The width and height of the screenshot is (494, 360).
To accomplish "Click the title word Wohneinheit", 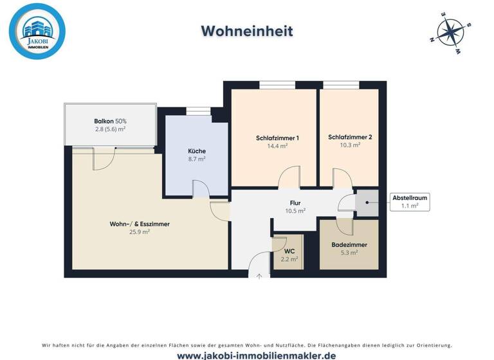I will click(x=247, y=31).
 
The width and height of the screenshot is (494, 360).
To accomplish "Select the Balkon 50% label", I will click(x=110, y=121).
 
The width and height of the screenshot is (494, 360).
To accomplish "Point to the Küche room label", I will click(x=197, y=151).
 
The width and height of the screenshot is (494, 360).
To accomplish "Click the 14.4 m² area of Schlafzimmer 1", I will click(x=277, y=146).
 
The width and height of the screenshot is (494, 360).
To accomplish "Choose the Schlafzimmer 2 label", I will click(x=350, y=137).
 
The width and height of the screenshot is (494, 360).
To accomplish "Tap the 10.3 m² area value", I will click(x=350, y=145).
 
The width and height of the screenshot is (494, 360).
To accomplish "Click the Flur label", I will click(x=296, y=203).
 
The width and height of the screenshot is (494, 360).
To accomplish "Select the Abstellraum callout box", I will click(x=410, y=202).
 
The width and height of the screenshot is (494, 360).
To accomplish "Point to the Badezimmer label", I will click(x=349, y=245).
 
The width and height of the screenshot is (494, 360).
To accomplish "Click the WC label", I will click(x=289, y=251).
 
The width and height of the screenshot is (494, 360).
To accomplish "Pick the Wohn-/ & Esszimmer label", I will click(x=140, y=224).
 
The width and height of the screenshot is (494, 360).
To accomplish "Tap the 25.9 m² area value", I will click(x=140, y=232).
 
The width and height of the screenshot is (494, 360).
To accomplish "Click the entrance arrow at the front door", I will click(x=259, y=276).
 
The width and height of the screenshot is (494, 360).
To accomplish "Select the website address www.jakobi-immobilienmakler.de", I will click(x=247, y=355).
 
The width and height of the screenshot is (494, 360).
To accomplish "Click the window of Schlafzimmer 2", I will click(x=341, y=85).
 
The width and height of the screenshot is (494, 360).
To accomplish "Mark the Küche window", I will click(x=198, y=111).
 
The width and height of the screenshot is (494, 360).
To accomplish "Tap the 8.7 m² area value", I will click(x=197, y=159).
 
